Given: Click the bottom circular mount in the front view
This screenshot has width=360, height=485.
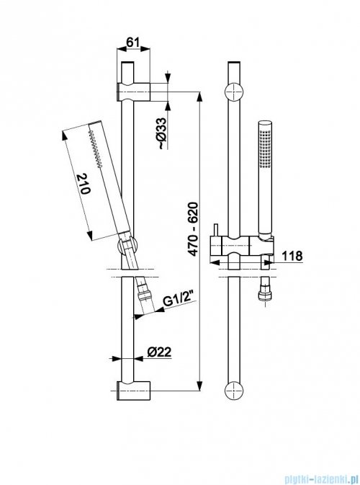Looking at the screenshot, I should [235, 391].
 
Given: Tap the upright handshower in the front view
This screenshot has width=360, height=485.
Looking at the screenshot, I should [264, 180].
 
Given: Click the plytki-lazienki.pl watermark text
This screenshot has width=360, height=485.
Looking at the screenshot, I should [310, 476].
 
